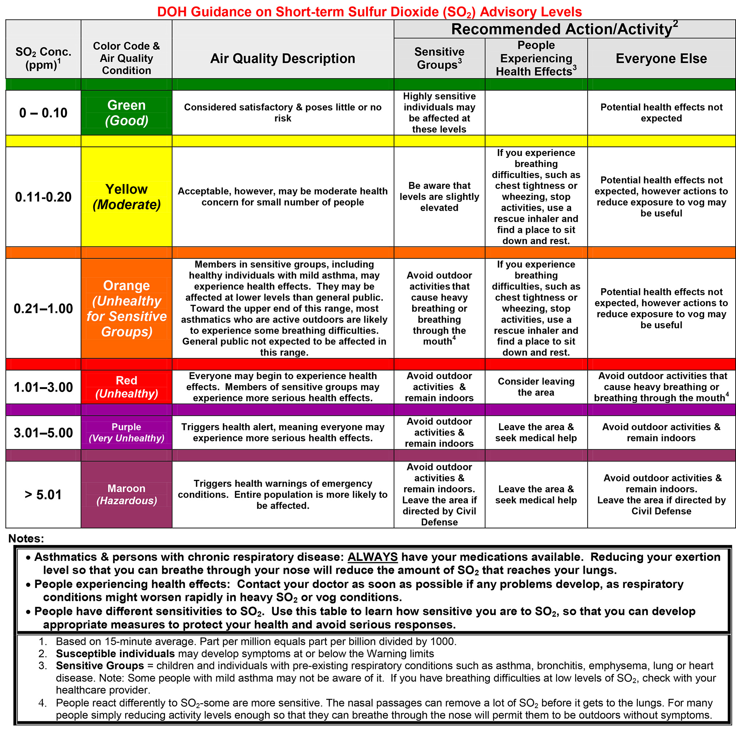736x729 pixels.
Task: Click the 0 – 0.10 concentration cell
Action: coord(43,113)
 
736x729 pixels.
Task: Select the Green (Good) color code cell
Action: coord(127,113)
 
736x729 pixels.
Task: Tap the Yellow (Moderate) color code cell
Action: coord(127,197)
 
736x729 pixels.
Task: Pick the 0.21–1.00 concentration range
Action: coord(43,308)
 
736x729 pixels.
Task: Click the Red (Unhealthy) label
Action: coord(127,387)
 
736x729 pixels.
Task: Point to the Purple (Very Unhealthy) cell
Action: coord(127,432)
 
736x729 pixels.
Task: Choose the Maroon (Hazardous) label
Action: coord(127,494)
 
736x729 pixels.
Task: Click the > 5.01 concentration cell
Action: coord(43,494)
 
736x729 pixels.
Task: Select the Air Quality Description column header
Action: coord(283,58)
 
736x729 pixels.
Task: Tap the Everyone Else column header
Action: coord(661,58)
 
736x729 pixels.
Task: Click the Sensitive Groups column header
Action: coord(439,58)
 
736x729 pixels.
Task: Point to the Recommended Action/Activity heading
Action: coord(564,29)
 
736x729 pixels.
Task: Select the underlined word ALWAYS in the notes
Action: coord(372,557)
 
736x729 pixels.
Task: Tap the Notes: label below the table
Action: coord(26,538)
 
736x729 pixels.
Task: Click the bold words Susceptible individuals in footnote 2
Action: coord(115,654)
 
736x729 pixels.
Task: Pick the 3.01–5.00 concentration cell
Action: coord(43,433)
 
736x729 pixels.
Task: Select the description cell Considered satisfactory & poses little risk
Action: coord(283,112)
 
